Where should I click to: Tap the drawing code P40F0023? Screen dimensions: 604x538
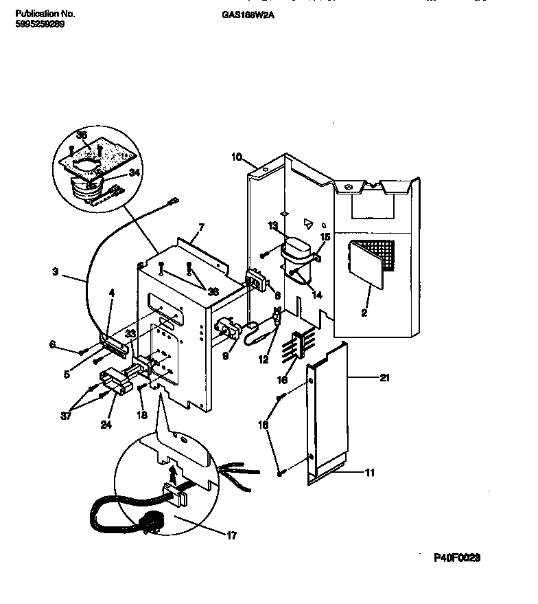click(456, 558)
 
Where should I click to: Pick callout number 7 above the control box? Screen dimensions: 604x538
click(201, 227)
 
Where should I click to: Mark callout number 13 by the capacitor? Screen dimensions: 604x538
click(272, 225)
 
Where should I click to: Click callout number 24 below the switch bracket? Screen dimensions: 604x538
click(106, 424)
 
